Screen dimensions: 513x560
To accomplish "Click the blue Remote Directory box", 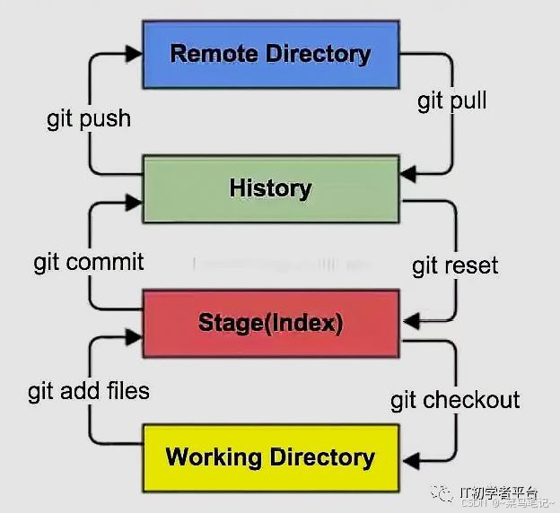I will (270, 54).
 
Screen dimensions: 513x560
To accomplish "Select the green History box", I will (270, 188).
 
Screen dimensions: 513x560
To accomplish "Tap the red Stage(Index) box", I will (270, 323).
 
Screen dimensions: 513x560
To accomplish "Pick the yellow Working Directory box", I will (270, 457).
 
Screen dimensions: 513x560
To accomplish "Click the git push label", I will (89, 119).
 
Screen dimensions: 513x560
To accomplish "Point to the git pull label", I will (452, 100).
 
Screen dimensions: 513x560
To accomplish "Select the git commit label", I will (89, 262).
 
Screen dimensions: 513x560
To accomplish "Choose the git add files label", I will (89, 392).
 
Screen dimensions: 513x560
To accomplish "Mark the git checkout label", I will (455, 400).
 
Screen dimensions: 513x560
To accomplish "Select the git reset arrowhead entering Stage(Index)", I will (408, 318).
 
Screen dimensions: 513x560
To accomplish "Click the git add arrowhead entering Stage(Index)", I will (136, 336).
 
